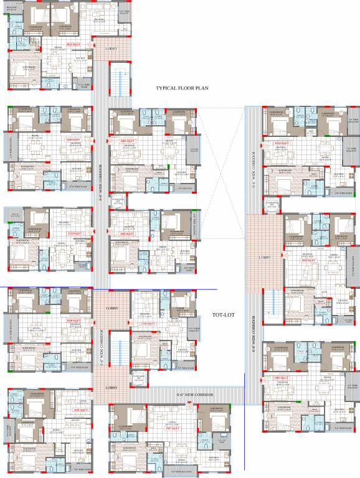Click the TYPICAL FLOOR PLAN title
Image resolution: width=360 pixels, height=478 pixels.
point(181,89)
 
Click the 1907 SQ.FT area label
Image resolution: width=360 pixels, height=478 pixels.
point(169,429)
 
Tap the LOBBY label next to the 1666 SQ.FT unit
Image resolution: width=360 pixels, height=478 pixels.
point(263,257)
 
